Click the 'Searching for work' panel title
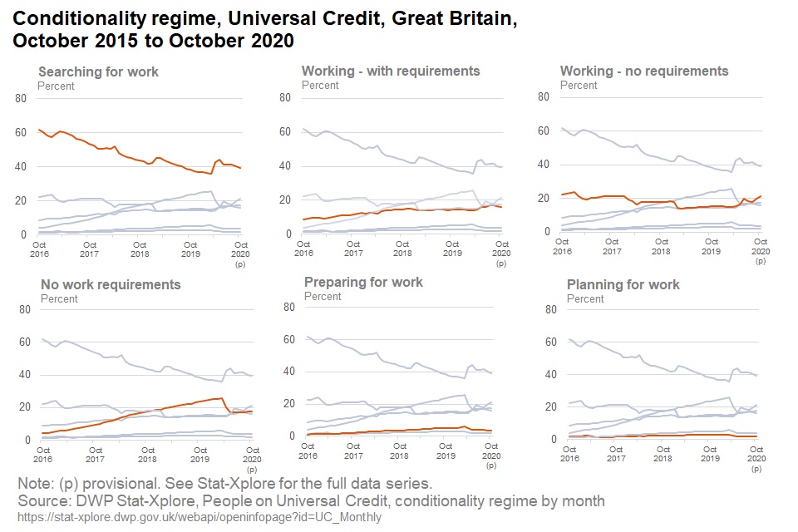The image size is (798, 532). [98, 71]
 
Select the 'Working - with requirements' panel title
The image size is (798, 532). [391, 71]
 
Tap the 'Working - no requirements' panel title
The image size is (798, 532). [644, 71]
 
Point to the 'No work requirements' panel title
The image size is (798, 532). [111, 284]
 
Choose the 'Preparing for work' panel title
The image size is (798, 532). [363, 282]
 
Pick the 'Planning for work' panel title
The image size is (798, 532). [623, 284]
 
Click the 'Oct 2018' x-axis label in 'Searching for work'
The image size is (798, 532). [140, 249]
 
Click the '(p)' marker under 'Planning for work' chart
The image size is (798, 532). [756, 470]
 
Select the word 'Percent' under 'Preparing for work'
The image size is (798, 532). [322, 296]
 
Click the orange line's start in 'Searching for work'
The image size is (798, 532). [39, 130]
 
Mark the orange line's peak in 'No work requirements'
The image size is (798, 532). [220, 398]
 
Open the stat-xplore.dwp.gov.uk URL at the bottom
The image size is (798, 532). [199, 517]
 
